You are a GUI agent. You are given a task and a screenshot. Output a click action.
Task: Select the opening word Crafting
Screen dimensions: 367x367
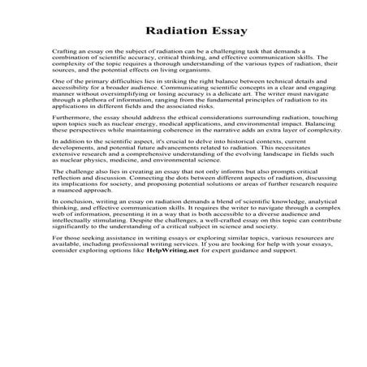click(63, 50)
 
